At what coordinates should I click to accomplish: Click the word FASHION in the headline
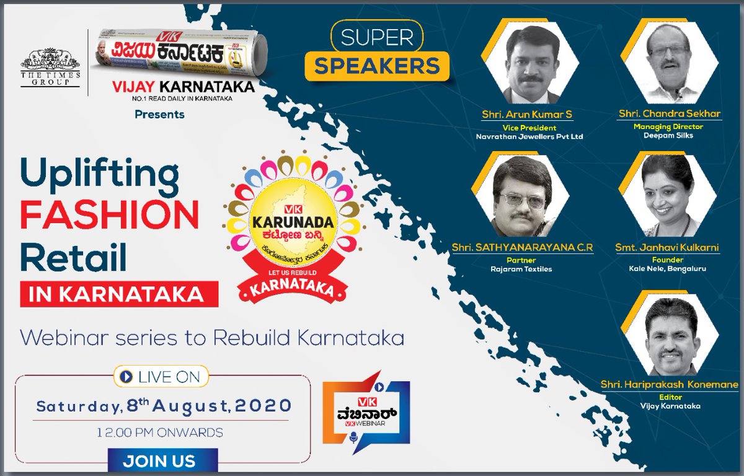pos(109,216)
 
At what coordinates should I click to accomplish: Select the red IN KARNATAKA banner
pos(119,294)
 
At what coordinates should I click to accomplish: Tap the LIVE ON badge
pos(161,376)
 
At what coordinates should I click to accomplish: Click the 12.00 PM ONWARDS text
pos(161,432)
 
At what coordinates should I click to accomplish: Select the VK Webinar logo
pos(366,413)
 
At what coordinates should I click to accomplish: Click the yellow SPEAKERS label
pos(377,66)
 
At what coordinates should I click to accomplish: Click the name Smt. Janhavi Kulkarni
pos(667,248)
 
